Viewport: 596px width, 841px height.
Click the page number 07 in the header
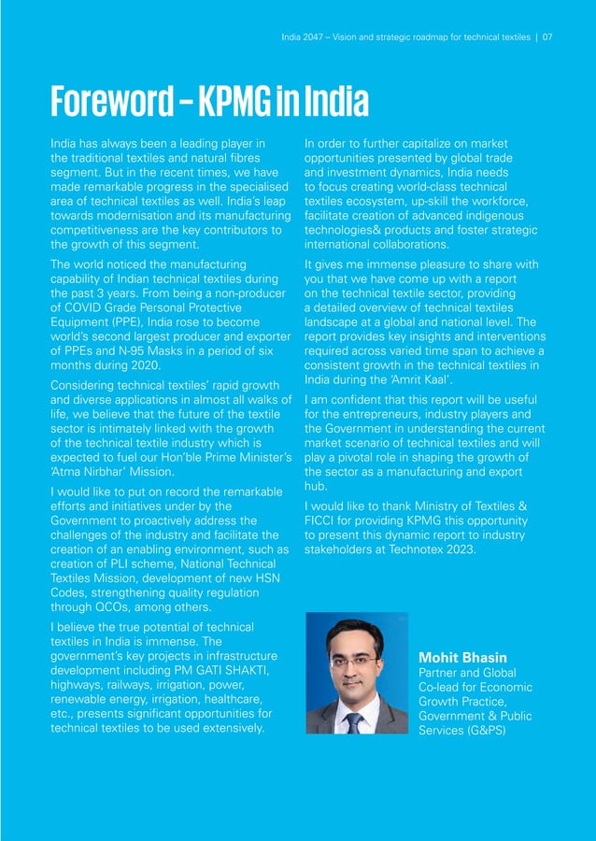[547, 37]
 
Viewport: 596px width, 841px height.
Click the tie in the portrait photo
[353, 721]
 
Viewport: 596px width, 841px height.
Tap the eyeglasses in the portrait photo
[355, 660]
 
